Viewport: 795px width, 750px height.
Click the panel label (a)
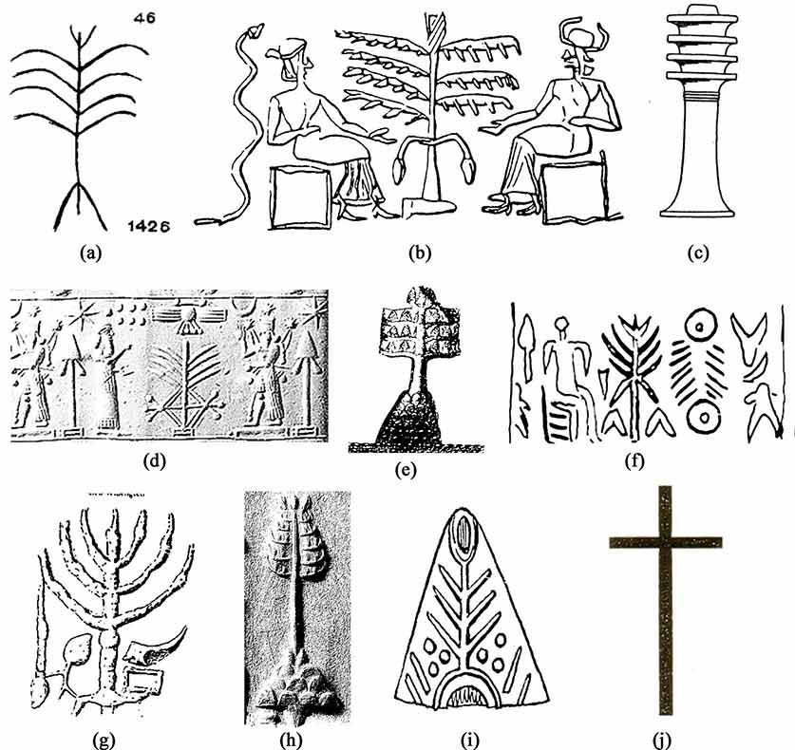tap(91, 252)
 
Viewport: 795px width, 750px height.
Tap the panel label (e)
tap(406, 470)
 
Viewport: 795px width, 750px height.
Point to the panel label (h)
tap(291, 741)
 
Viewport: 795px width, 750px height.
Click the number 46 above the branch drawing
tap(145, 18)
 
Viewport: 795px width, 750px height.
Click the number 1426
tap(148, 226)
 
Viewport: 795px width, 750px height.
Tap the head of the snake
tap(254, 31)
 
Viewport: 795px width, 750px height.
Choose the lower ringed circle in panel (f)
tap(703, 417)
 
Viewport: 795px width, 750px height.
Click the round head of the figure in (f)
tap(561, 324)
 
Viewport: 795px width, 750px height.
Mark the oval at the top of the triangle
tap(463, 532)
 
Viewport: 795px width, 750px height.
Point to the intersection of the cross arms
tap(665, 542)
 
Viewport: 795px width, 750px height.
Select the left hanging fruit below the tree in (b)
tap(400, 168)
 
